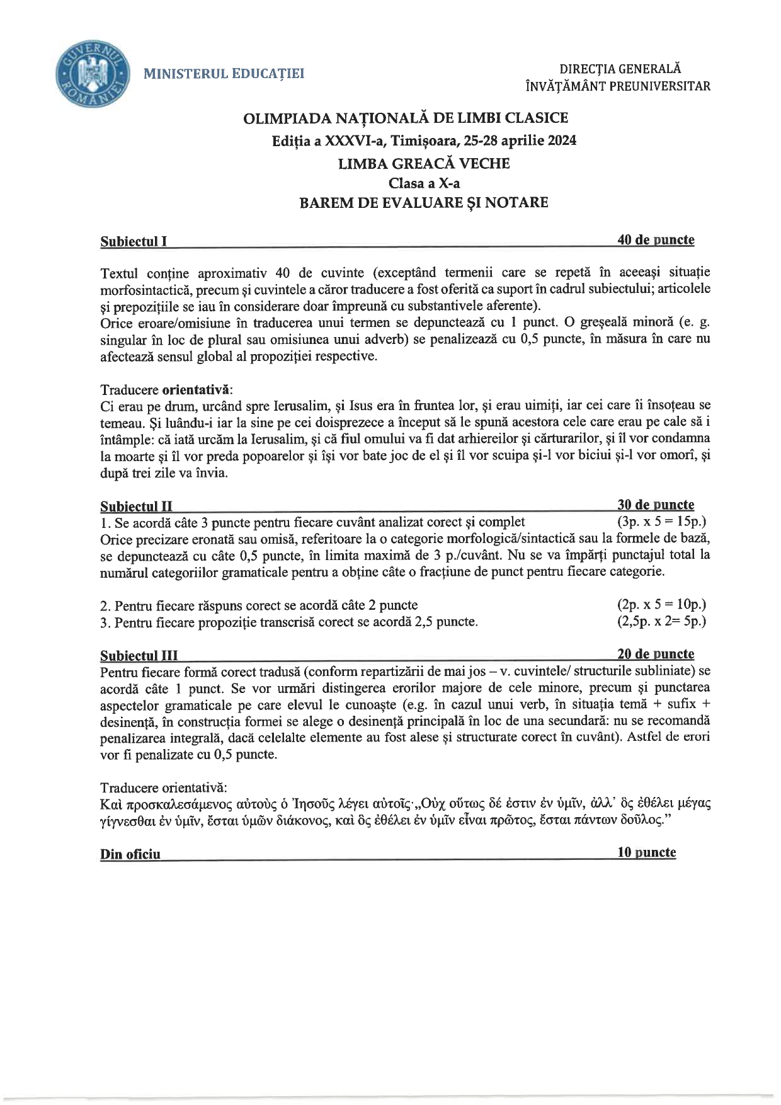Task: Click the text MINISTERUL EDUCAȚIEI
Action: [224, 74]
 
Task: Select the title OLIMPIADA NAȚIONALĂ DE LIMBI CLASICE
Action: [406, 118]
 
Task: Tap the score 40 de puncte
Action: [656, 240]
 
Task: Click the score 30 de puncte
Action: [656, 505]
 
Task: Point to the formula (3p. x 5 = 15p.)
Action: [661, 522]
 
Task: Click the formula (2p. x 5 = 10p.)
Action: [661, 605]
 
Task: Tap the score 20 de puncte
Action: [656, 654]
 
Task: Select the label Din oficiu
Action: [130, 854]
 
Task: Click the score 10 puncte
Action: [647, 852]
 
